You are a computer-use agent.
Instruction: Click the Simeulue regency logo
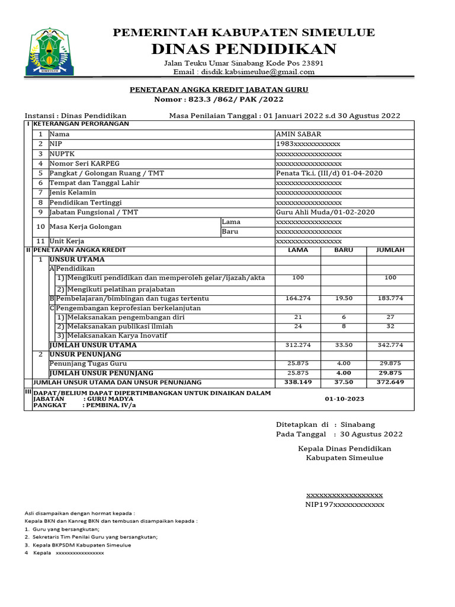[x=50, y=52]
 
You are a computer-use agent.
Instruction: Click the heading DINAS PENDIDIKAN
[x=243, y=49]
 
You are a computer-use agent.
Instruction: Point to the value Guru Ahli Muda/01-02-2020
[x=325, y=212]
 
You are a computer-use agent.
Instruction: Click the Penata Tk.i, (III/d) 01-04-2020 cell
[x=329, y=173]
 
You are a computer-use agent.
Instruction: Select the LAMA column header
[x=297, y=250]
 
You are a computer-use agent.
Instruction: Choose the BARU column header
[x=344, y=250]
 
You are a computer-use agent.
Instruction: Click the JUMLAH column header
[x=390, y=250]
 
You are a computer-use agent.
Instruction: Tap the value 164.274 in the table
[x=297, y=298]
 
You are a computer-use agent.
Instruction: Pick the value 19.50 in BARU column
[x=344, y=298]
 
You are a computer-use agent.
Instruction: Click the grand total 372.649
[x=390, y=382]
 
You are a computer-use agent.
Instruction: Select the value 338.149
[x=297, y=382]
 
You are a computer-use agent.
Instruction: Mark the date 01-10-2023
[x=344, y=399]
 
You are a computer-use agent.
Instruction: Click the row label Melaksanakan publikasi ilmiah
[x=120, y=326]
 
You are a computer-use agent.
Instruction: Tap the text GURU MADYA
[x=110, y=399]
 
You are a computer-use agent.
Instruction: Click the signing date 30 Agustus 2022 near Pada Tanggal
[x=371, y=434]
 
